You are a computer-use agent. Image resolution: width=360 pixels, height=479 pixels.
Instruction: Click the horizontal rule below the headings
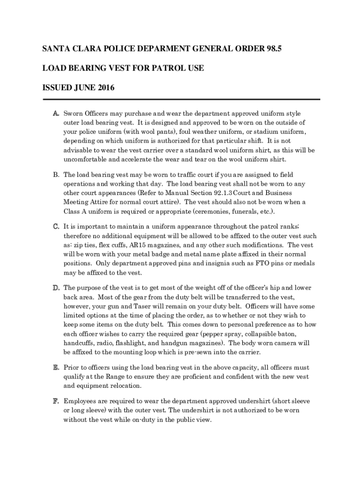181,99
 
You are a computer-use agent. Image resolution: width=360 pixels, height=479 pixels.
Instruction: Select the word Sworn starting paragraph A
73,114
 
